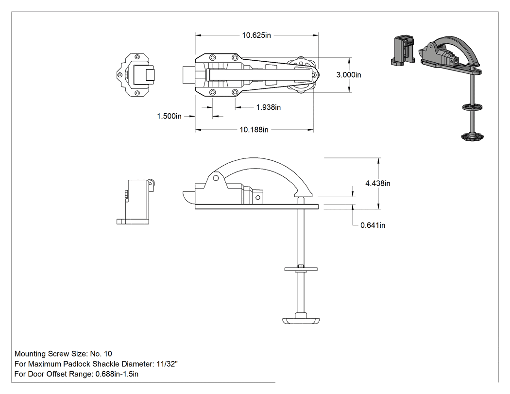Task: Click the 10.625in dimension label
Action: (x=256, y=35)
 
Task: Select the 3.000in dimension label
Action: (x=349, y=75)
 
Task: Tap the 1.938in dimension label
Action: (x=268, y=107)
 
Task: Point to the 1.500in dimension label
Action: (x=169, y=116)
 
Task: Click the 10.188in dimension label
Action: (x=254, y=130)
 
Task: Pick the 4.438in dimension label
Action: (x=377, y=183)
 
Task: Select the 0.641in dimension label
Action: (x=373, y=225)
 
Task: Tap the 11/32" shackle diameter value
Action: (x=167, y=364)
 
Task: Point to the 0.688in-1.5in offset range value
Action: (x=117, y=374)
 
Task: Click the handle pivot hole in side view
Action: (x=216, y=178)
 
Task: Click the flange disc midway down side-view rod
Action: (x=301, y=269)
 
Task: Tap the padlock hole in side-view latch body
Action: (x=258, y=198)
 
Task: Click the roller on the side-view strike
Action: (x=151, y=183)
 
